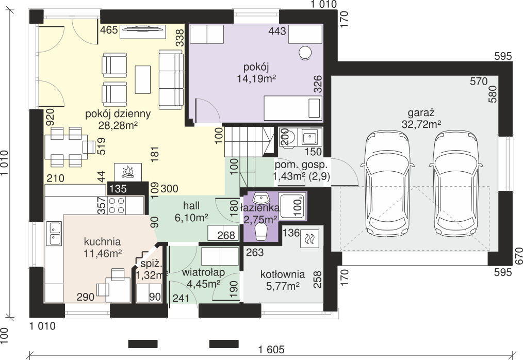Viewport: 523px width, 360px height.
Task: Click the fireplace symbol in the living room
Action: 128,172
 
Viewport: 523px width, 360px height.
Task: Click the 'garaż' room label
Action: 421,113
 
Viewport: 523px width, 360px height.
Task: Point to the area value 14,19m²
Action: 256,78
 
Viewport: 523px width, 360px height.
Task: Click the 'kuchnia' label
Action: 103,241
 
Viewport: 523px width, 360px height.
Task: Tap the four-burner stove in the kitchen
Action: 117,205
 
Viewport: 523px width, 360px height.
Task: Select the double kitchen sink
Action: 55,234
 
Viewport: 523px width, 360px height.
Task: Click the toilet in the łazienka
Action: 261,232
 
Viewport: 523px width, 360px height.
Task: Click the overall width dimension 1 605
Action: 271,349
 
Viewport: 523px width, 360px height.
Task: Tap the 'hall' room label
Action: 191,205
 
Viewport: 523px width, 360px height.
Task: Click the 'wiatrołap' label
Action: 203,273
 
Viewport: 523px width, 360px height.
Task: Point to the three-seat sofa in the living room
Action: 171,79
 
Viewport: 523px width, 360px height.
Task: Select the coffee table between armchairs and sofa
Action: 143,79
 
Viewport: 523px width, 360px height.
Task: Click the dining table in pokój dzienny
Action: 66,147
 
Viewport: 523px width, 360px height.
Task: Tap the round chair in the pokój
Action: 304,54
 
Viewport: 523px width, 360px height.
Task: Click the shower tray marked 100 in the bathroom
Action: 292,206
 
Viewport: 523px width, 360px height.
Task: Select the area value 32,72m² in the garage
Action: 421,124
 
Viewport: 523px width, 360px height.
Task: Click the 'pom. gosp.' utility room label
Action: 301,165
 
